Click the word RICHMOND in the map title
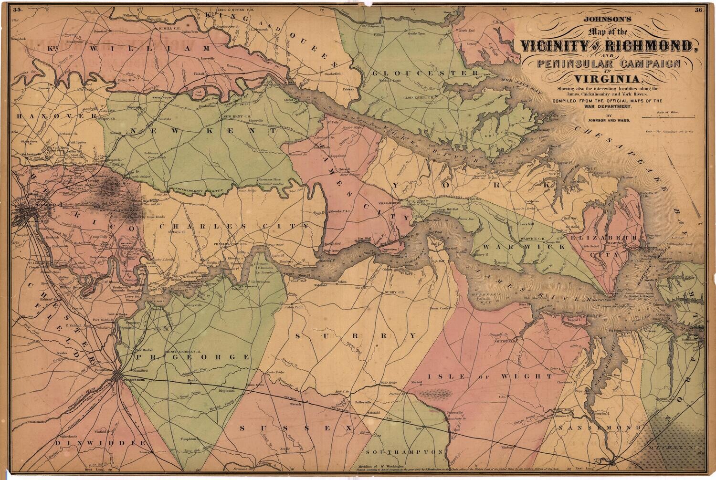pyautogui.click(x=650, y=46)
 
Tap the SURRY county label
pyautogui.click(x=355, y=335)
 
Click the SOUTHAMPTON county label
pyautogui.click(x=405, y=451)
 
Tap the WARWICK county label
pyautogui.click(x=523, y=247)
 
